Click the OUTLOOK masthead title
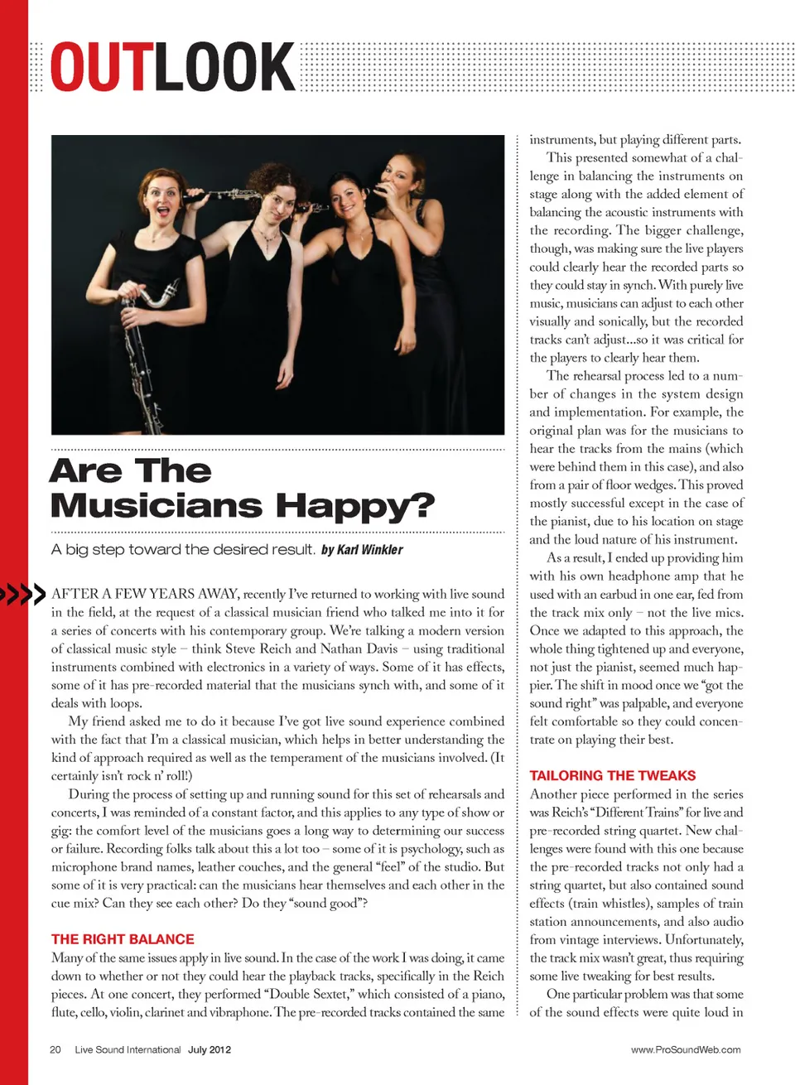(x=172, y=67)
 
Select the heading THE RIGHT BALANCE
(x=123, y=939)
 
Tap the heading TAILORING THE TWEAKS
(x=613, y=775)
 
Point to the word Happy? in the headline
(x=355, y=505)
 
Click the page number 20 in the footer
(x=55, y=1049)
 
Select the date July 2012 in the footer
(x=210, y=1049)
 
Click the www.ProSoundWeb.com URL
(x=686, y=1049)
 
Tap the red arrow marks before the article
(x=22, y=594)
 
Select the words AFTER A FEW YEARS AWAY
(x=145, y=594)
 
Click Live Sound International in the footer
(x=128, y=1049)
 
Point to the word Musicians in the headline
(x=157, y=505)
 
